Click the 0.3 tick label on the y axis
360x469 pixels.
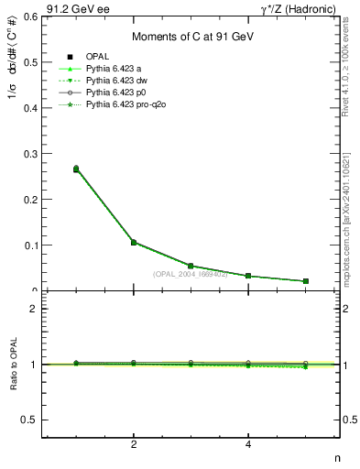click(x=30, y=153)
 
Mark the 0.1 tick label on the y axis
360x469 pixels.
click(x=30, y=245)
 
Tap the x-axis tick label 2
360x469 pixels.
click(x=134, y=445)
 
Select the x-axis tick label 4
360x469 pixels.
click(x=248, y=445)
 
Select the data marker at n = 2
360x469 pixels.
click(x=134, y=243)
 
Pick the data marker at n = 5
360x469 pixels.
click(x=305, y=281)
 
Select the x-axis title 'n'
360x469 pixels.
click(x=336, y=459)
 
